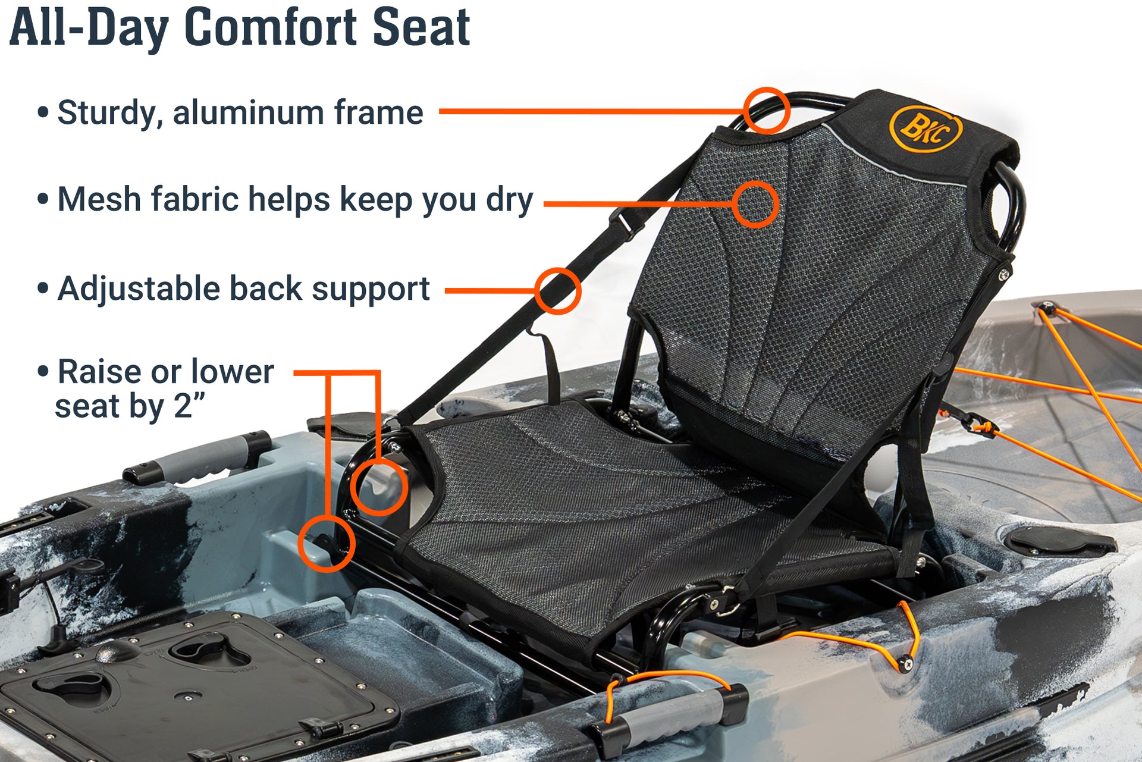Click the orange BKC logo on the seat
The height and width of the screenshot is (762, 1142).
pyautogui.click(x=925, y=129)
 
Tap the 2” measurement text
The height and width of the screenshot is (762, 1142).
pyautogui.click(x=189, y=407)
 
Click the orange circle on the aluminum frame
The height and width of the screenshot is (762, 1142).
pyautogui.click(x=766, y=110)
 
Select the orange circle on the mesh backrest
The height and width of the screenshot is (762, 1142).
pyautogui.click(x=755, y=204)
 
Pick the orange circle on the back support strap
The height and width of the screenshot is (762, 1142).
pyautogui.click(x=557, y=291)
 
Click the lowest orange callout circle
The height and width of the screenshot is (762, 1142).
pyautogui.click(x=326, y=544)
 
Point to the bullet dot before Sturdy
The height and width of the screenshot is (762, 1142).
pyautogui.click(x=43, y=112)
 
